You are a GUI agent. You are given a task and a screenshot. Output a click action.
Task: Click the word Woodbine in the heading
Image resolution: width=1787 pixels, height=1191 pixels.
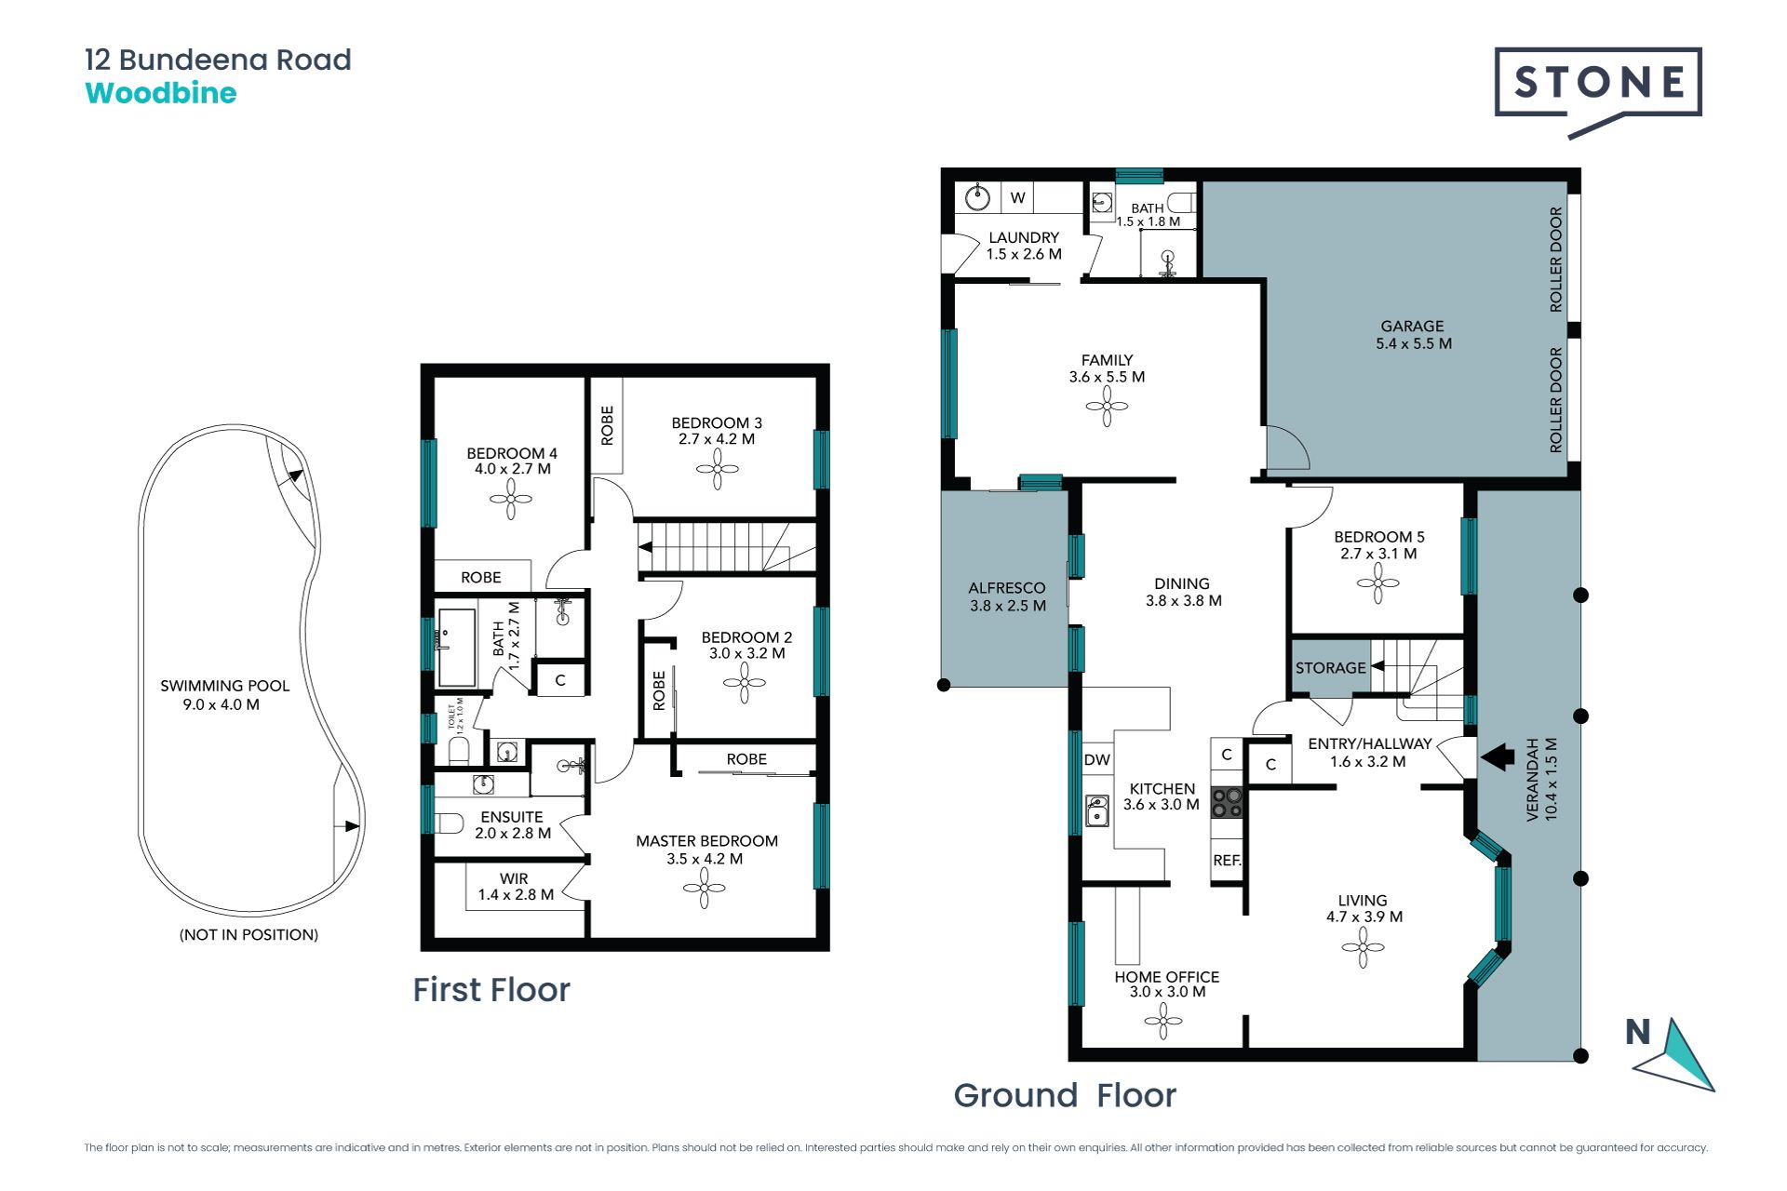(x=161, y=93)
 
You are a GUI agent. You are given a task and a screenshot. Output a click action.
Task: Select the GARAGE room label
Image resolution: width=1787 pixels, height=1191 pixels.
(x=1412, y=326)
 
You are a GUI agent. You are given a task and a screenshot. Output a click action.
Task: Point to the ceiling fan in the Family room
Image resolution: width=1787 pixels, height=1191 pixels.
(x=1107, y=406)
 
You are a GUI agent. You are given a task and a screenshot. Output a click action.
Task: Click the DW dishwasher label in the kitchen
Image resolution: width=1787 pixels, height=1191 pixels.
(x=1097, y=759)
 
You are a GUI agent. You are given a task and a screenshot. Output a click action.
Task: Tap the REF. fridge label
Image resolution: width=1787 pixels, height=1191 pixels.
(x=1227, y=861)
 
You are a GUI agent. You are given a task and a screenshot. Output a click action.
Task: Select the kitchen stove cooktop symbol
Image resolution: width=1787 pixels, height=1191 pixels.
(x=1228, y=803)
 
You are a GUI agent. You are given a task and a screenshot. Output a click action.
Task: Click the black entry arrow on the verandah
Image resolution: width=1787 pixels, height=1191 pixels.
(x=1498, y=756)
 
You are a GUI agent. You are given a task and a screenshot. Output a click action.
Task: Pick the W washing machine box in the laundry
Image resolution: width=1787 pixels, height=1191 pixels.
(x=1018, y=197)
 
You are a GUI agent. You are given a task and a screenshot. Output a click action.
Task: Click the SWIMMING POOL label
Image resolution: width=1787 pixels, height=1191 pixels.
(x=224, y=686)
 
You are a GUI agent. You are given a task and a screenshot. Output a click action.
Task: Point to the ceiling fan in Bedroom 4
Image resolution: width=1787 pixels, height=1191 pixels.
(x=511, y=500)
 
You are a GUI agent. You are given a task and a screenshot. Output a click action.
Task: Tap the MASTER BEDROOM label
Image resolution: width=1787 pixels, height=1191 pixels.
(x=706, y=841)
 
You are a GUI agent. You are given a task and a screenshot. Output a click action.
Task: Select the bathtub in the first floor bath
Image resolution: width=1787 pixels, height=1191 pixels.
(x=457, y=648)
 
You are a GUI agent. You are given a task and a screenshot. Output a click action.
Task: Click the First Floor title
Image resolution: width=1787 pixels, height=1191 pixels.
(x=491, y=990)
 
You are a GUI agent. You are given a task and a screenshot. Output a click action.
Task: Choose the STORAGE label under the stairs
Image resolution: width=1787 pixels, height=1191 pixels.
(x=1330, y=668)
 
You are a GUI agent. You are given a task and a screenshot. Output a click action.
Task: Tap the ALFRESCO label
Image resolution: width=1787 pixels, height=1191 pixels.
(x=1006, y=588)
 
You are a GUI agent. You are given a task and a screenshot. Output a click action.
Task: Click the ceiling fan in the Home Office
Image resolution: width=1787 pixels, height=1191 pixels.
(x=1163, y=1021)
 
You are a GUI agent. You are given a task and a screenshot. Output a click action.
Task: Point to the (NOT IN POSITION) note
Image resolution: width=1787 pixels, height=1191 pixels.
(x=249, y=934)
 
